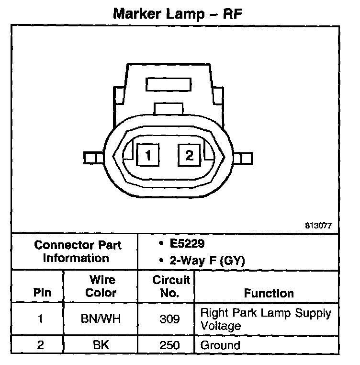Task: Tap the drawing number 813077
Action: [x=318, y=225]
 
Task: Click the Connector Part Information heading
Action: [x=78, y=251]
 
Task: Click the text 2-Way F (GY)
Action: [x=205, y=261]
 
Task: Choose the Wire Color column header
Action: [x=101, y=286]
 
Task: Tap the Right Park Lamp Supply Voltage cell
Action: [x=265, y=319]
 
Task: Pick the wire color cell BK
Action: [x=101, y=344]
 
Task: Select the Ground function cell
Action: [x=220, y=344]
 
